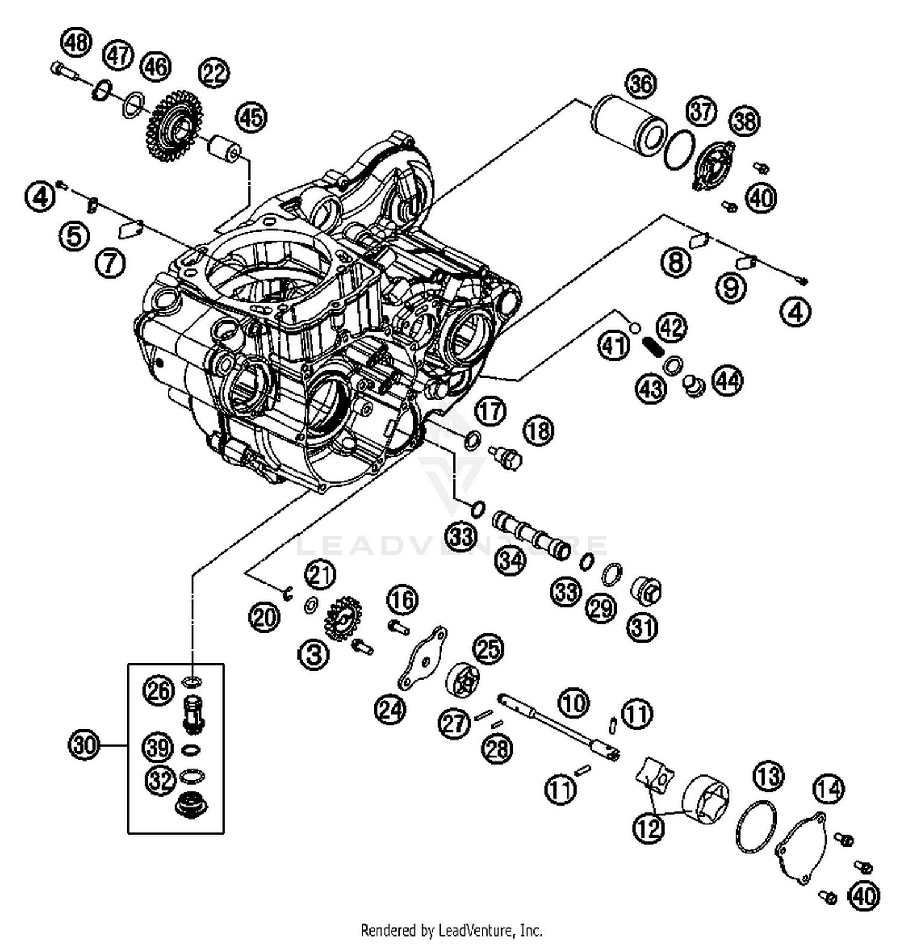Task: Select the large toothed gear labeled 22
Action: click(175, 125)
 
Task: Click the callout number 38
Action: click(745, 121)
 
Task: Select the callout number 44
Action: click(727, 381)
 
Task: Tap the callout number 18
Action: click(538, 431)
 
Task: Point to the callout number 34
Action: click(510, 560)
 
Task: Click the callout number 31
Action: click(642, 627)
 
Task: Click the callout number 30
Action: click(84, 745)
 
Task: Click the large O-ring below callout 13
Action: click(756, 826)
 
